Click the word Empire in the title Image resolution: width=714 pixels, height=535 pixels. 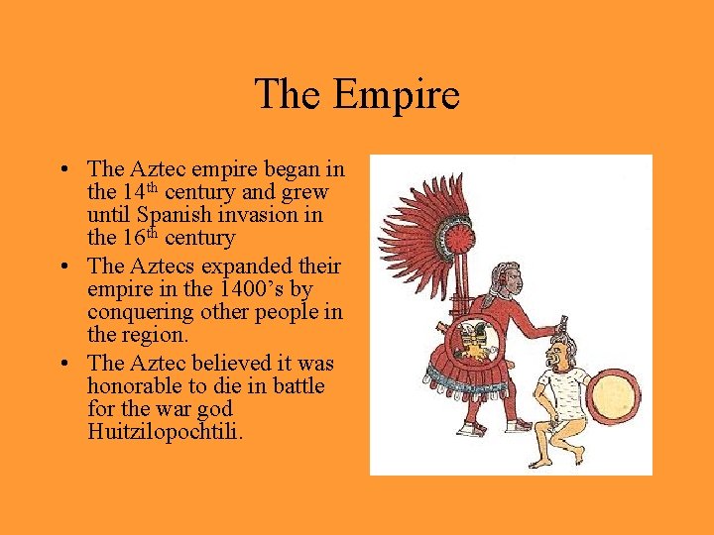[x=397, y=95]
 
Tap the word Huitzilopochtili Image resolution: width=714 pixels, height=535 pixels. [x=165, y=432]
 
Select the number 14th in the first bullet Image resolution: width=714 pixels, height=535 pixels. [x=137, y=191]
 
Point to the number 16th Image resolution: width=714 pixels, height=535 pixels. [x=137, y=238]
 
